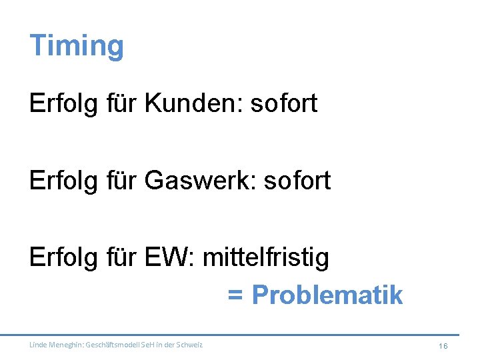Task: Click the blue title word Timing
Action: pyautogui.click(x=77, y=46)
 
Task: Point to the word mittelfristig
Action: pyautogui.click(x=265, y=257)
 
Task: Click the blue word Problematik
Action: pyautogui.click(x=327, y=294)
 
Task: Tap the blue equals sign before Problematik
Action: pyautogui.click(x=235, y=295)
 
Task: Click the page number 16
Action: pyautogui.click(x=443, y=345)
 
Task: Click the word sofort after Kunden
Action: pyautogui.click(x=285, y=103)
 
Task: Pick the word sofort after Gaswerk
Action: pyautogui.click(x=297, y=180)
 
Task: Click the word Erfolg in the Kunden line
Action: pyautogui.click(x=63, y=103)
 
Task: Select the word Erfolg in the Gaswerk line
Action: pyautogui.click(x=63, y=180)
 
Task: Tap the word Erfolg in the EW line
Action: pyautogui.click(x=63, y=257)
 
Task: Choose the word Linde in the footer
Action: pyautogui.click(x=37, y=345)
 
